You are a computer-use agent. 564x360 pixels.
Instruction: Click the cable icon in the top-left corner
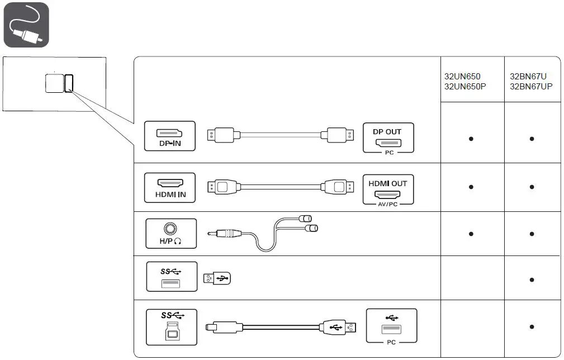[x=26, y=25]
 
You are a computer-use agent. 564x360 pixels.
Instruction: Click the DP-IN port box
[x=170, y=136]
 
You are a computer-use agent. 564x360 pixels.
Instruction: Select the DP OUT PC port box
[x=388, y=138]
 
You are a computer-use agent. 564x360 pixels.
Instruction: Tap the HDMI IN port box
[x=170, y=187]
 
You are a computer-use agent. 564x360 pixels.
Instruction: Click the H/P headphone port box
[x=170, y=233]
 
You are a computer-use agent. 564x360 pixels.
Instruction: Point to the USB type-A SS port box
[x=172, y=276]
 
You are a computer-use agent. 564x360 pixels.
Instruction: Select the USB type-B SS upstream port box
[x=172, y=328]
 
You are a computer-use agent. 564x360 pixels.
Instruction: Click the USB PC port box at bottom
[x=391, y=325]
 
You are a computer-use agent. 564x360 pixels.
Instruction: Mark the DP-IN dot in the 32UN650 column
[x=471, y=139]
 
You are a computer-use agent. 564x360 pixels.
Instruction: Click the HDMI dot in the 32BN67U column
[x=532, y=187]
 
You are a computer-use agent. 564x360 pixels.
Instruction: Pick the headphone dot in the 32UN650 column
[x=471, y=234]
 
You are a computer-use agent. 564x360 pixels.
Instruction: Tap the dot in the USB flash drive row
[x=532, y=280]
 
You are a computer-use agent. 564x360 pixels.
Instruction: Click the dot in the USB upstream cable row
[x=532, y=327]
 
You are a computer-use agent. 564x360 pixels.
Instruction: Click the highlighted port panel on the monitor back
[x=69, y=83]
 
